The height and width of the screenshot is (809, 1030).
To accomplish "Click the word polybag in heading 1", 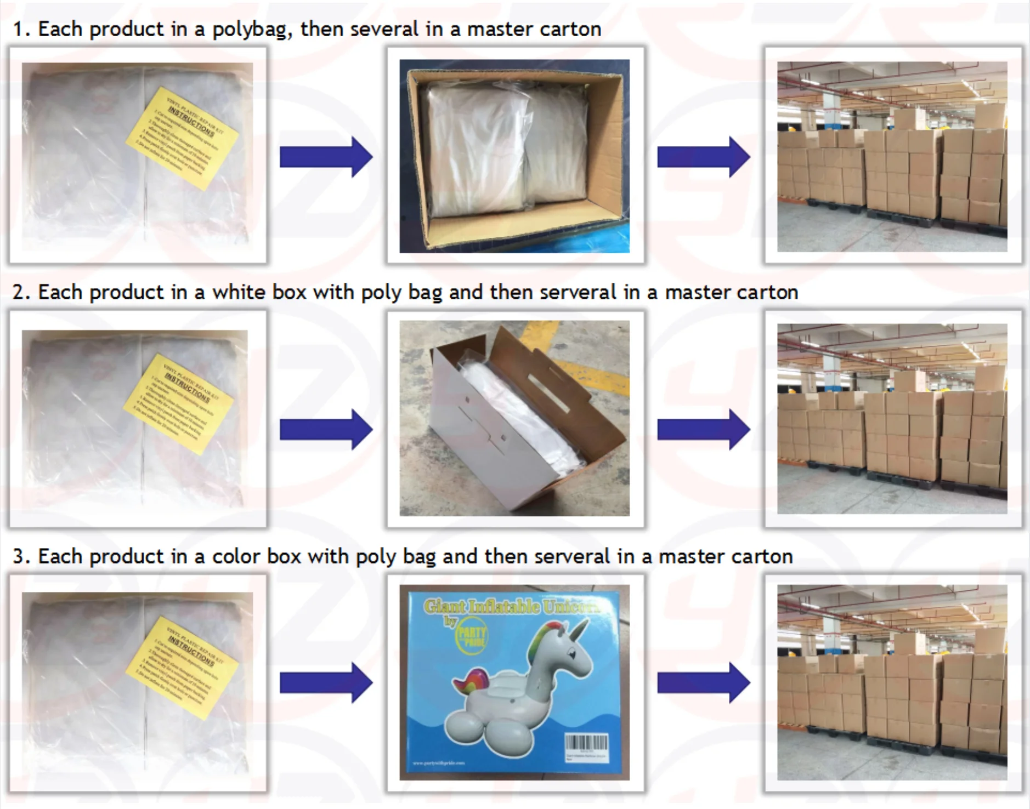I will point(250,30).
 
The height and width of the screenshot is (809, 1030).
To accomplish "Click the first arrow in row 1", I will point(326,157).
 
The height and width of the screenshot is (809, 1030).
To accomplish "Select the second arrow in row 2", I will point(703,429).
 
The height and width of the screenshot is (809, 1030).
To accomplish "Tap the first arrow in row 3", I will point(326,683).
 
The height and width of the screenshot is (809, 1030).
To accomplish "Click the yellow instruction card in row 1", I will point(182,139).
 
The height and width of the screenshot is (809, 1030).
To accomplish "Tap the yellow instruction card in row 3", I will point(182,667).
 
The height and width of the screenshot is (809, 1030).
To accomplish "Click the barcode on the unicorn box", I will point(586,743).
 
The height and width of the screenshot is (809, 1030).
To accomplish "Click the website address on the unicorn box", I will point(438,762).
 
